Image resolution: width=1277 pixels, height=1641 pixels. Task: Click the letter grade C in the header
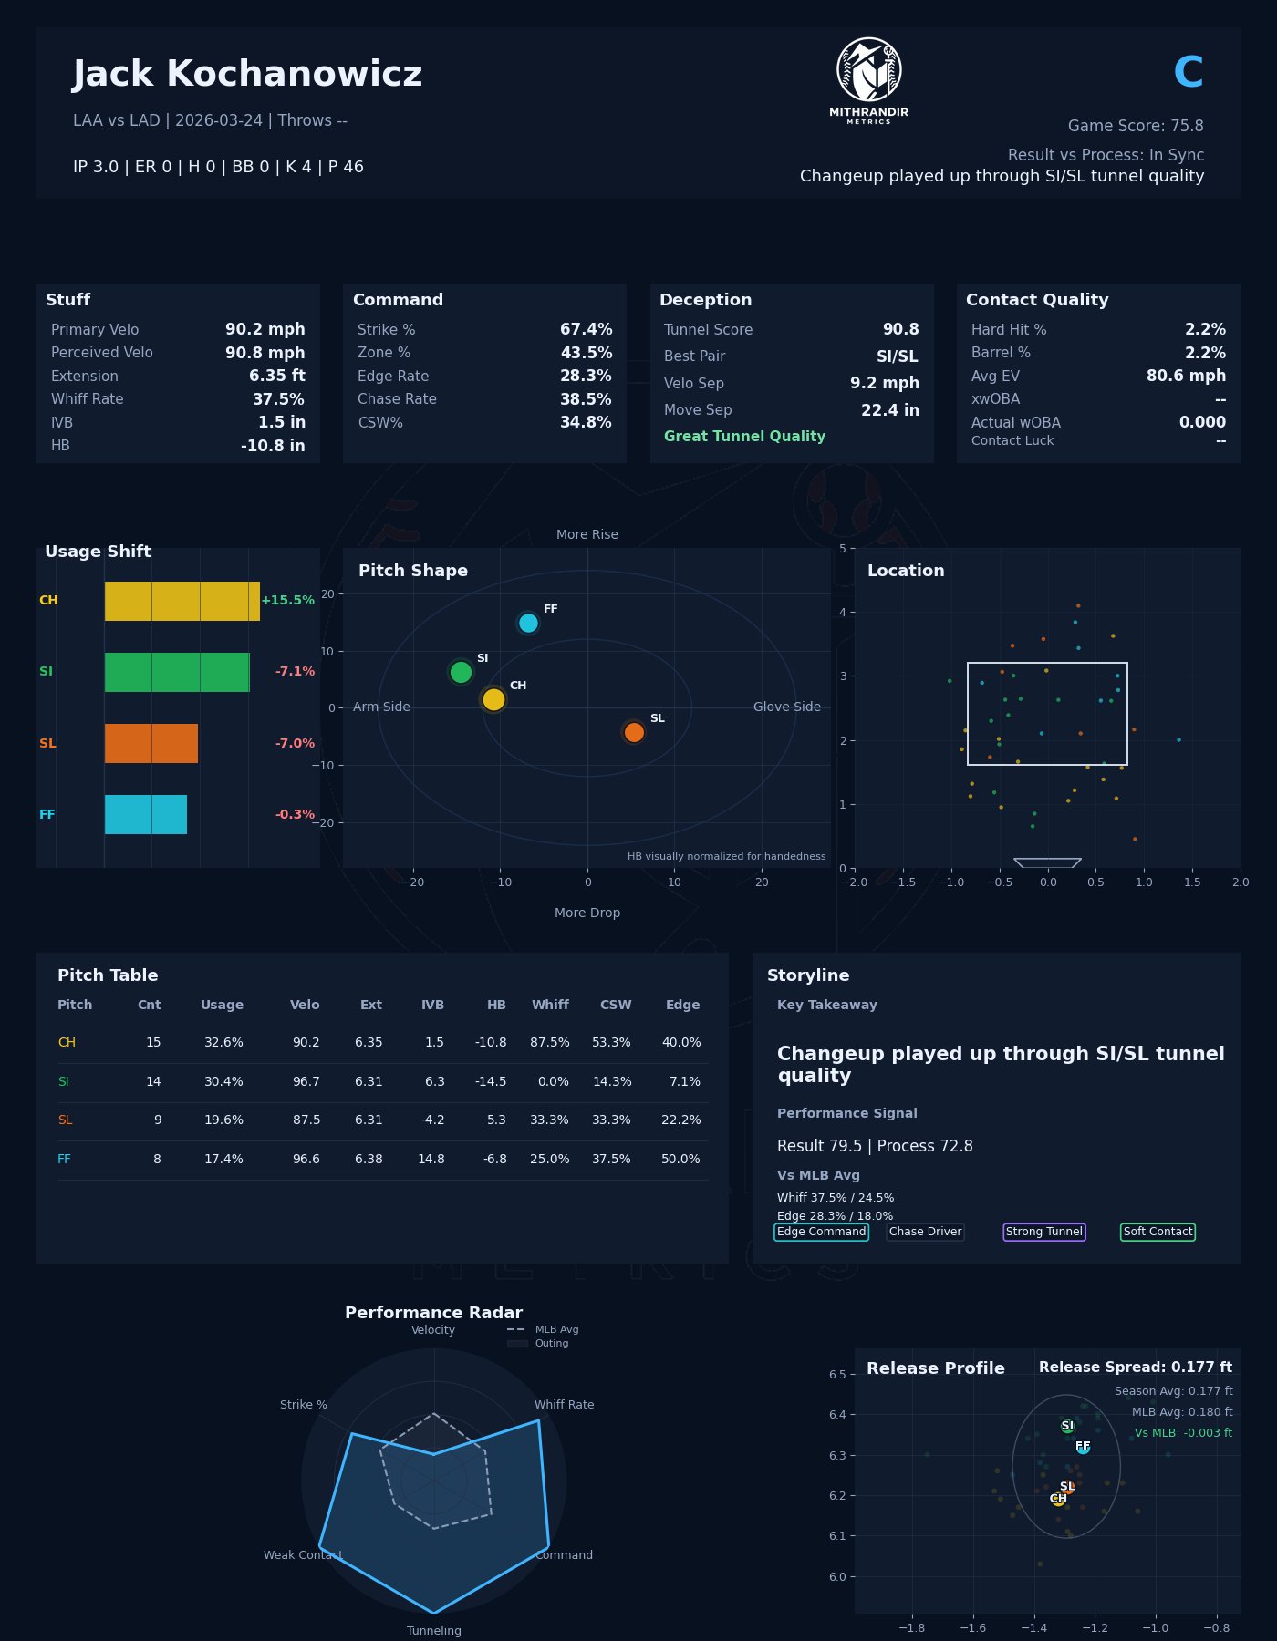(x=1188, y=73)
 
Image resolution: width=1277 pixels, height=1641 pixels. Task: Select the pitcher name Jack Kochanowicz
(x=247, y=75)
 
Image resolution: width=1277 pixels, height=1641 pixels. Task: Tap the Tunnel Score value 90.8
(x=900, y=330)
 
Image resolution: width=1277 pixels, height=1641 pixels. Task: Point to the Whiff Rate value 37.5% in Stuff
(x=278, y=399)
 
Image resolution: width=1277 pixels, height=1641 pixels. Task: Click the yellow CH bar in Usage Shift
(x=182, y=601)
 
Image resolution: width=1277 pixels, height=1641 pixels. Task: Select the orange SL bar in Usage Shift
(x=151, y=743)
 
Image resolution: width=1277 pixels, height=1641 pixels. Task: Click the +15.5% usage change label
(x=287, y=601)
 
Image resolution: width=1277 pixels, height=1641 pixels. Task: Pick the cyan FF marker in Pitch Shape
(x=528, y=624)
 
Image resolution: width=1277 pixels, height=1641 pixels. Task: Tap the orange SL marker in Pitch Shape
(x=634, y=732)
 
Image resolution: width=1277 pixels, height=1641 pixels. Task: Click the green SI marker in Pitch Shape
(x=461, y=672)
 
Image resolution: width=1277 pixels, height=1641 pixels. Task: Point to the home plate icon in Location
(x=1047, y=862)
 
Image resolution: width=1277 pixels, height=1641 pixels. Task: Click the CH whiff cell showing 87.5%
(x=549, y=1043)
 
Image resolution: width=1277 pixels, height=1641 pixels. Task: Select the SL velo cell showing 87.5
(x=306, y=1120)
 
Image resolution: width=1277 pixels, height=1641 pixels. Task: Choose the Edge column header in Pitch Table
(x=682, y=1006)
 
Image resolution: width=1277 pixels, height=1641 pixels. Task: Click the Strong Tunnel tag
(x=1043, y=1233)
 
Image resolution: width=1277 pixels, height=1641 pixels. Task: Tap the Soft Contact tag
(x=1158, y=1233)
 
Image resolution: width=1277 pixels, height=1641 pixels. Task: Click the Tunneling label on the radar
(x=433, y=1631)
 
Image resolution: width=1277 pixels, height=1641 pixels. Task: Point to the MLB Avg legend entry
(x=556, y=1330)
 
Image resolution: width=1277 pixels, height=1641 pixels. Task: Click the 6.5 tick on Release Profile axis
(x=836, y=1375)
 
